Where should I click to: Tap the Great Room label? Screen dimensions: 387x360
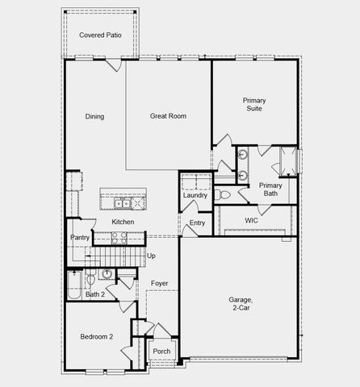click(168, 116)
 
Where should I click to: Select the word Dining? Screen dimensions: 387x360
click(94, 116)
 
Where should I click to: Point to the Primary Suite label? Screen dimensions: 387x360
click(253, 106)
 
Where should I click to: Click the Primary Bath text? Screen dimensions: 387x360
click(270, 189)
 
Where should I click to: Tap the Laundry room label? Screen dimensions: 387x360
click(195, 195)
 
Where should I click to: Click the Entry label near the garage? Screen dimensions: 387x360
click(197, 223)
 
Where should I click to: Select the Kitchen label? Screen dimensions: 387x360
click(123, 222)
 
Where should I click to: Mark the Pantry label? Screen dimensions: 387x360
click(79, 237)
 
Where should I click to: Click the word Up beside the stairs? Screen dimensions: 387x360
click(151, 256)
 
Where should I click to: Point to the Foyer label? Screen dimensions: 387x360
click(159, 283)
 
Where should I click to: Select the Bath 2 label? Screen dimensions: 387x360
click(95, 294)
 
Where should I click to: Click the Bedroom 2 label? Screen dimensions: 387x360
click(96, 336)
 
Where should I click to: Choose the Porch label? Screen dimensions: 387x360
click(161, 352)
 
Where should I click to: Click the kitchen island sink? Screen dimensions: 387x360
click(123, 203)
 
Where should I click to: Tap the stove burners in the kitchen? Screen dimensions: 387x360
click(119, 238)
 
